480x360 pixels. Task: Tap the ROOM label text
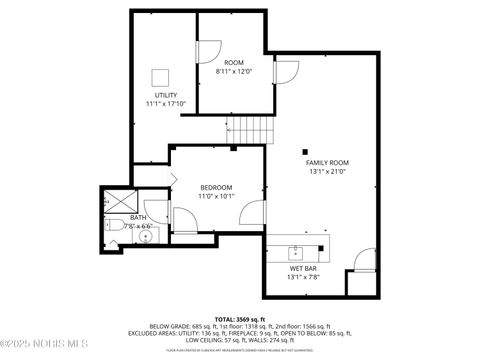[234, 62]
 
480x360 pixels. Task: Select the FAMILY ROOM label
[327, 162]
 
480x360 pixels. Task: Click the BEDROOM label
[216, 187]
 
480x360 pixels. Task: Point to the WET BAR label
[304, 268]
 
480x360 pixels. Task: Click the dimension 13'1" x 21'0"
[327, 172]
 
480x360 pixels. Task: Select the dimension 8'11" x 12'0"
[234, 71]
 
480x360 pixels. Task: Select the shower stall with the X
[110, 200]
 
